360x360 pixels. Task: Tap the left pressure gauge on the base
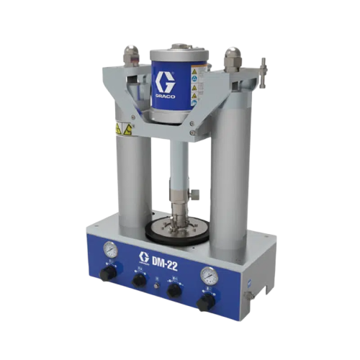[110, 249]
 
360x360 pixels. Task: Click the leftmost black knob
[108, 274]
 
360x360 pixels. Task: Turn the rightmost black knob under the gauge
[205, 302]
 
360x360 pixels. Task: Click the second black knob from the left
[140, 279]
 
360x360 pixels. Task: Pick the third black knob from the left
[173, 289]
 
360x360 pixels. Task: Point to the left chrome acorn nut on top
[130, 54]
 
